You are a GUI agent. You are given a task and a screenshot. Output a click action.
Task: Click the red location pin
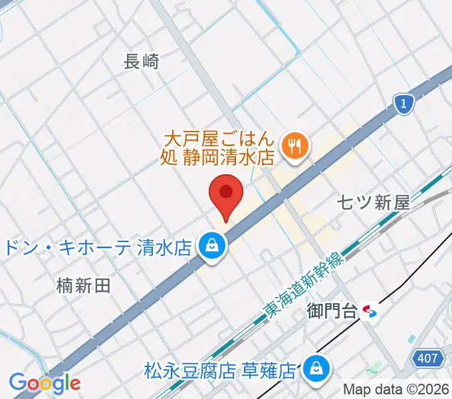pos(226,194)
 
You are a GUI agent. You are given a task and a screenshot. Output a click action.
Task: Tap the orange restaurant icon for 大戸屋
pos(292,146)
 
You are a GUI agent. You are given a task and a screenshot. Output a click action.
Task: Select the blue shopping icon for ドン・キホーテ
pos(211,246)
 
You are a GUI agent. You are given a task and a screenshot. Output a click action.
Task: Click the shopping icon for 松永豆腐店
pos(314,367)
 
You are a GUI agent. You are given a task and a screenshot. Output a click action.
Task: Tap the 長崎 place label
pos(142,62)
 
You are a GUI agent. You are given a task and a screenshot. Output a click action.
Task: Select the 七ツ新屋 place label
pos(373,203)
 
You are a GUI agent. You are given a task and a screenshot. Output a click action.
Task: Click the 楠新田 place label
pos(83,286)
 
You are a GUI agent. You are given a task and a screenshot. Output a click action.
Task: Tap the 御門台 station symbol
pos(372,311)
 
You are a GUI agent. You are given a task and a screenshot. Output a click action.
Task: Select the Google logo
pos(45,383)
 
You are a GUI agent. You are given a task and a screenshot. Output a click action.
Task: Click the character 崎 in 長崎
pos(150,62)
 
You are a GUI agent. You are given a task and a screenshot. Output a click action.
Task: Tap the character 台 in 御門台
pos(352,310)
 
